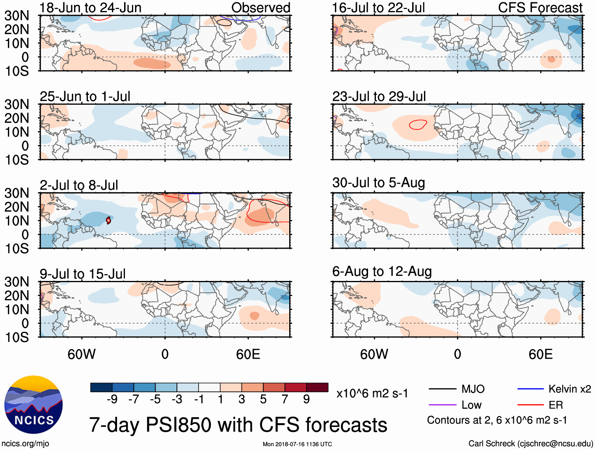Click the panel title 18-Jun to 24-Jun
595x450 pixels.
click(x=90, y=8)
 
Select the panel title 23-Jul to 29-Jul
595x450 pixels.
click(x=379, y=97)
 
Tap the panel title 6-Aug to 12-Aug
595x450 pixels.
click(x=382, y=271)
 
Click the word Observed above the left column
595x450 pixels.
click(x=260, y=8)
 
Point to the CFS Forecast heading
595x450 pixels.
click(x=540, y=8)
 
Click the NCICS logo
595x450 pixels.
click(x=33, y=405)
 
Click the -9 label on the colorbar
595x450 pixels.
click(x=112, y=400)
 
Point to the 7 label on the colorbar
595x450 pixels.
click(x=285, y=400)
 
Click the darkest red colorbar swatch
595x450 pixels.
click(x=317, y=387)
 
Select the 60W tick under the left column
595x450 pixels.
click(x=82, y=354)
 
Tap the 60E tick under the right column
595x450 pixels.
click(x=540, y=354)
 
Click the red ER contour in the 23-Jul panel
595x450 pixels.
click(x=418, y=125)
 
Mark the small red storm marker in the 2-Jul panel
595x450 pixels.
click(x=108, y=221)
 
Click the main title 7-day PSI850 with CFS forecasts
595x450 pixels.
click(x=238, y=425)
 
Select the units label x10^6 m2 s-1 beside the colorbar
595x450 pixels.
click(x=372, y=394)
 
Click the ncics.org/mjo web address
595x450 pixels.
click(x=25, y=444)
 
